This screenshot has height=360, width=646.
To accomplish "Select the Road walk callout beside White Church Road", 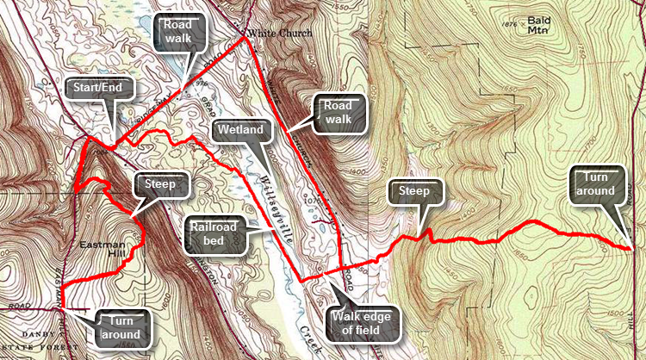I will [x=339, y=113].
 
